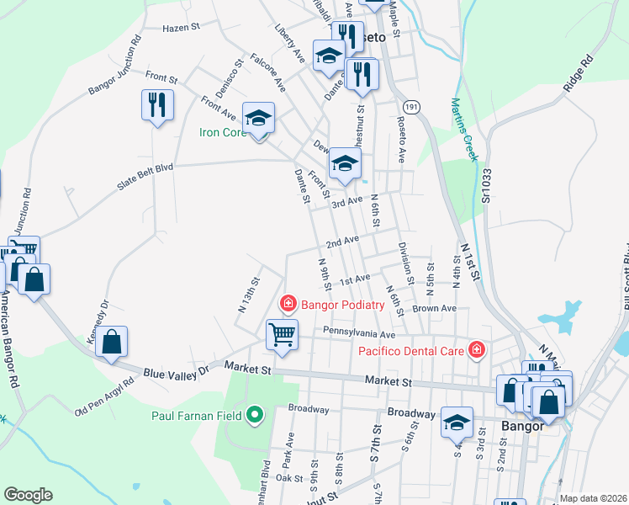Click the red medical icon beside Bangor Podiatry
click(288, 302)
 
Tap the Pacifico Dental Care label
click(412, 350)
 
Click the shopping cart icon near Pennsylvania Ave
click(282, 333)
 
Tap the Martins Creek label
click(463, 129)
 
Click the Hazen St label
click(179, 28)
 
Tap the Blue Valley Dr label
click(176, 370)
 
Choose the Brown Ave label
click(434, 309)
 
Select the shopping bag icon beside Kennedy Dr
click(111, 342)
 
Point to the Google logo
click(28, 495)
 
